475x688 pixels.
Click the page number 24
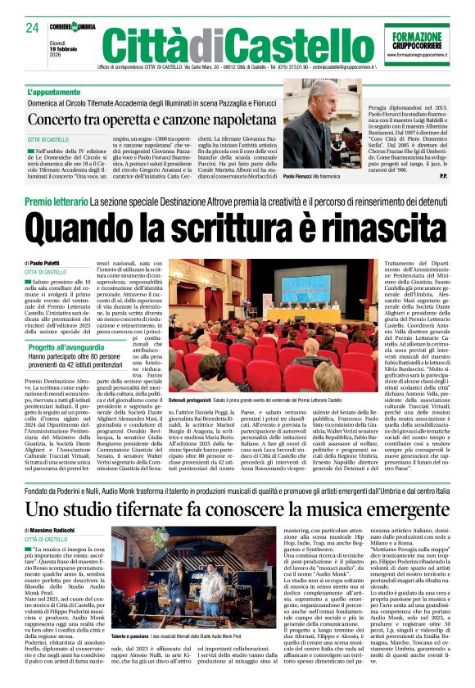click(33, 28)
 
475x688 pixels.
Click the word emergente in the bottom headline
click(374, 509)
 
